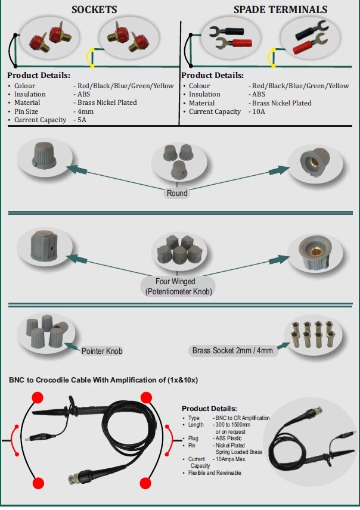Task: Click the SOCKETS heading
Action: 94,10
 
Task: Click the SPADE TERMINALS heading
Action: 280,10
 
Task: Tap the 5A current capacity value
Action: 81,120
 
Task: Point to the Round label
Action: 177,193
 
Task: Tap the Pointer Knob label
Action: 102,351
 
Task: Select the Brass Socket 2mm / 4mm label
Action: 232,350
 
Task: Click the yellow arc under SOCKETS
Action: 91,57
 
